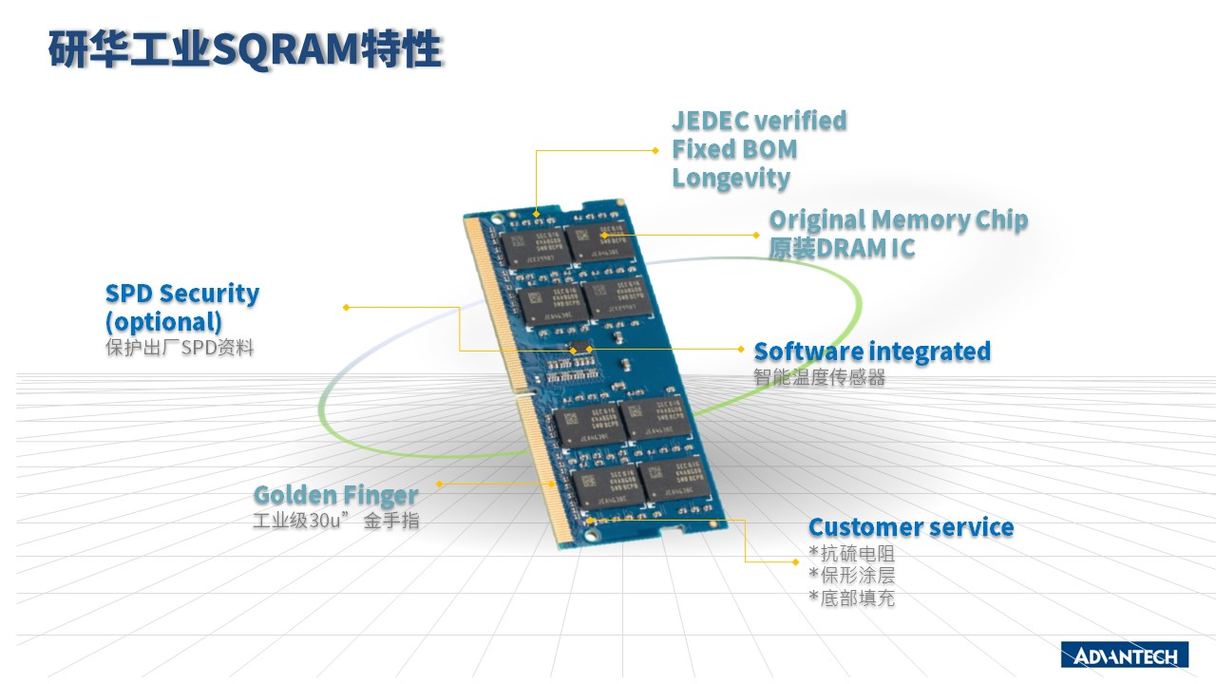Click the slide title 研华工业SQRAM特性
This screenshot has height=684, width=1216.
pos(245,50)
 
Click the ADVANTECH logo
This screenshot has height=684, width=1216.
pos(1124,655)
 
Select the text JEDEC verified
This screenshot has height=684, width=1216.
pos(759,121)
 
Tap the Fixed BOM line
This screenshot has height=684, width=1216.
pos(734,149)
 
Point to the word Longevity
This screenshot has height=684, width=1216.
pos(731,178)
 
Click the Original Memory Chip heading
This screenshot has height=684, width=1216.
pos(898,220)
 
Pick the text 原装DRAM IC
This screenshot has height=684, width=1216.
pos(842,248)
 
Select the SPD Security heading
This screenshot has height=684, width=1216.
pos(181,294)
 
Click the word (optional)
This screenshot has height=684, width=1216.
pos(163,321)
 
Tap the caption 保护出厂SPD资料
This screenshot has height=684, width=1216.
pos(180,348)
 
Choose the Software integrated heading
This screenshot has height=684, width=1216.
pos(871,351)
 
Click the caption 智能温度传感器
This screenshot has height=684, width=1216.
pos(819,378)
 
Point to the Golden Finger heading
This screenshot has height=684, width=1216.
pos(335,495)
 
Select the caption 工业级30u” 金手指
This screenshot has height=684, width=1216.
pos(335,522)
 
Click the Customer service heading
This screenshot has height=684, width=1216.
pos(910,527)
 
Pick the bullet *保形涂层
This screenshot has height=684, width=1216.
pos(851,576)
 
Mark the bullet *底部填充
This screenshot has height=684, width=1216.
pos(851,598)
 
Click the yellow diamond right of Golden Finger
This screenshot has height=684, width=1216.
pos(438,484)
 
